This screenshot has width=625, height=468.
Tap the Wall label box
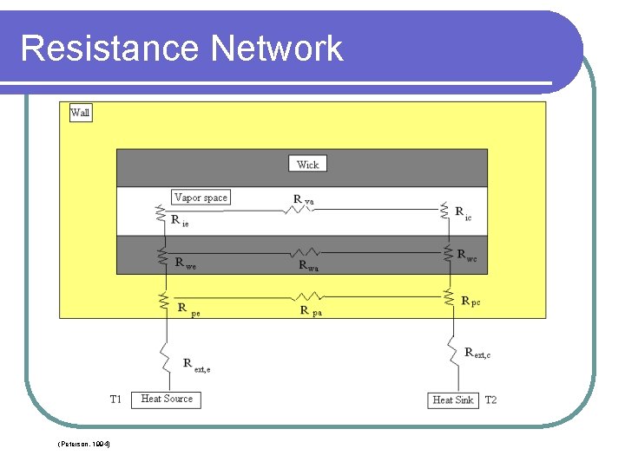[80, 113]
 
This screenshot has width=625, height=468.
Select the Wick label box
[307, 164]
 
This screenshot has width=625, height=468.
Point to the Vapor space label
[201, 198]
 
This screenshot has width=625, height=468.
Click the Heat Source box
[167, 399]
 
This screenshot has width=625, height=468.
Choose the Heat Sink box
[452, 400]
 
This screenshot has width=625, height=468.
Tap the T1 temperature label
[115, 399]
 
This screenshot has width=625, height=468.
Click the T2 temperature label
[490, 400]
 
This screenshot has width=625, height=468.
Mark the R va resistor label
[303, 200]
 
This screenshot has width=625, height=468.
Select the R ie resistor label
[180, 221]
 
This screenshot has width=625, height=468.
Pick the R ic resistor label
[464, 212]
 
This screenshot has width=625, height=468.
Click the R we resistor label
[185, 263]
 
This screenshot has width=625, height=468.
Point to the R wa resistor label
[309, 266]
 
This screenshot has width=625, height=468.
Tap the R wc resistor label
[467, 257]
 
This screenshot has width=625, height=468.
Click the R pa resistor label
[311, 310]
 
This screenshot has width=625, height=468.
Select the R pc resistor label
[470, 302]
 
